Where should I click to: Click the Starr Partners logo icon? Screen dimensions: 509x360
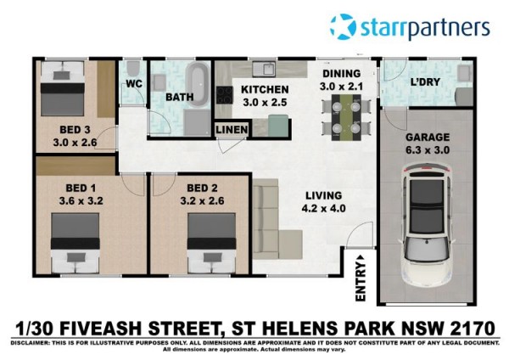(x=343, y=26)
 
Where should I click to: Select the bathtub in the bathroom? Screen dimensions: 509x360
(x=199, y=85)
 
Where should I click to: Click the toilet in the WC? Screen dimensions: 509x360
(x=132, y=69)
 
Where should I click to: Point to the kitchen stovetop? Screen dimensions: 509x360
(x=224, y=95)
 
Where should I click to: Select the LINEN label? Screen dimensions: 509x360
(x=232, y=130)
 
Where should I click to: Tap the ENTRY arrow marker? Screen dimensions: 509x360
(x=361, y=257)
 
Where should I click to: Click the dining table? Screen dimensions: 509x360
(x=346, y=118)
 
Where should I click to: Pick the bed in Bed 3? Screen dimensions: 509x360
(x=62, y=88)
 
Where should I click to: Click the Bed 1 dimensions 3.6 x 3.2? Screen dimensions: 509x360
(x=81, y=200)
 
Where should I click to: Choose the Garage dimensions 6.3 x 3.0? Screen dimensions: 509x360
(x=428, y=150)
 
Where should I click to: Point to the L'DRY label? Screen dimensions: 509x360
(x=425, y=82)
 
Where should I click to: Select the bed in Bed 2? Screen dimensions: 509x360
(x=211, y=243)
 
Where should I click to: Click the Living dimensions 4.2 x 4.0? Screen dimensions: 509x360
(x=324, y=208)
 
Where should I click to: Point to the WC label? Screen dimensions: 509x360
(x=134, y=84)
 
